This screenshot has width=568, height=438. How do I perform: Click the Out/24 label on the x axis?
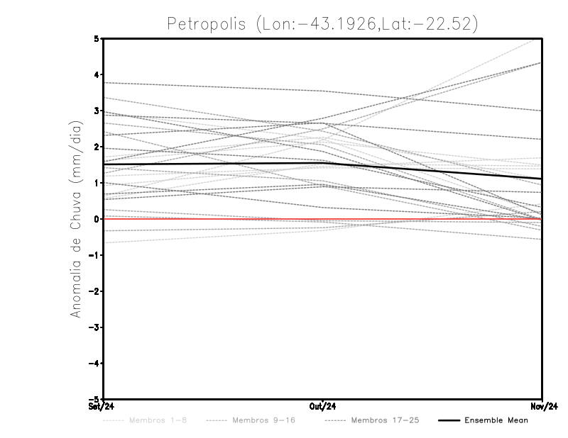pos(323,406)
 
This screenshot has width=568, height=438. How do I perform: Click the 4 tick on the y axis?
pos(97,74)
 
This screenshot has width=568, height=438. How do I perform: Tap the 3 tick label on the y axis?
pos(97,111)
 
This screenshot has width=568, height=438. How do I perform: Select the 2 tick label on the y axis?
pos(97,147)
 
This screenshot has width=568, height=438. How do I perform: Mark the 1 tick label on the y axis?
pos(97,183)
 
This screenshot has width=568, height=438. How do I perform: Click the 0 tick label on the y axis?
pos(97,219)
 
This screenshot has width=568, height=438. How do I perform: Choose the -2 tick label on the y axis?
pos(94,291)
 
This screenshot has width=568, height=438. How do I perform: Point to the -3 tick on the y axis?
pos(94,327)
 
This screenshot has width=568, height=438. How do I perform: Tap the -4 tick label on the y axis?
pos(94,364)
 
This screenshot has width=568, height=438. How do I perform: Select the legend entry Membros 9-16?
pos(263,420)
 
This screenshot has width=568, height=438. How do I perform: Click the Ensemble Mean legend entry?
pos(496,420)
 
